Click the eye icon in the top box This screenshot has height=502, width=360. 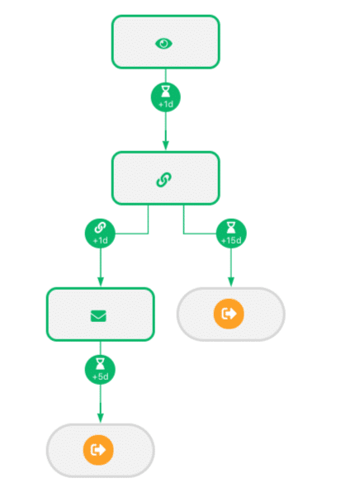(x=163, y=44)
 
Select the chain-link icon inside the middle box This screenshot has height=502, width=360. (x=163, y=180)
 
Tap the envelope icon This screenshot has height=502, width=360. (x=98, y=316)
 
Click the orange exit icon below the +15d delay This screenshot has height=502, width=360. (x=229, y=314)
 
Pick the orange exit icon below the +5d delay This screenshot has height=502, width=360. (x=98, y=450)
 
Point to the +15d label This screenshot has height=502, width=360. (x=231, y=240)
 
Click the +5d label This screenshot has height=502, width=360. (x=100, y=376)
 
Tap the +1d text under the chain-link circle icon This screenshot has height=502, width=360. (x=100, y=240)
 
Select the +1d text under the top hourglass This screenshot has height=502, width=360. (x=166, y=104)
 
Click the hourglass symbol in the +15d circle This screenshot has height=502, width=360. (x=231, y=228)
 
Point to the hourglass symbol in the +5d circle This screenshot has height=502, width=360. (x=100, y=364)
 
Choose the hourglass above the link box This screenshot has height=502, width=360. (x=166, y=92)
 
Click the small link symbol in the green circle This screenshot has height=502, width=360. (x=100, y=228)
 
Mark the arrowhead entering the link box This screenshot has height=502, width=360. (x=166, y=145)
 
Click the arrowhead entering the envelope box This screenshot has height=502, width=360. (x=101, y=282)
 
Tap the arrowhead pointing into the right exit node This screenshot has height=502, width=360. (x=231, y=282)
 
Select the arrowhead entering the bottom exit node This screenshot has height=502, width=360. (x=101, y=418)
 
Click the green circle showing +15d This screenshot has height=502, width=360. (x=231, y=234)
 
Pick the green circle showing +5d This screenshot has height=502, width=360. (x=100, y=370)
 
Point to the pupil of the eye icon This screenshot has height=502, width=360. (x=163, y=43)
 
